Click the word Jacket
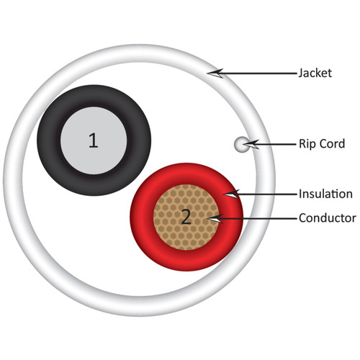[315, 73]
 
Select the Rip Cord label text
[322, 144]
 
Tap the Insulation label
[325, 194]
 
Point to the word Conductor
[328, 218]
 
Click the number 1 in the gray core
[94, 140]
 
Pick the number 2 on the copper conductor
[186, 217]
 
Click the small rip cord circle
[242, 144]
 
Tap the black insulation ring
[49, 140]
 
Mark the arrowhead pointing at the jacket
[215, 73]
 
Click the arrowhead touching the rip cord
[251, 145]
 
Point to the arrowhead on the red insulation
[231, 194]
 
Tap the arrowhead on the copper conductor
[215, 218]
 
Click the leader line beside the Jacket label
[260, 73]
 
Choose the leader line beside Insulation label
[268, 194]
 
